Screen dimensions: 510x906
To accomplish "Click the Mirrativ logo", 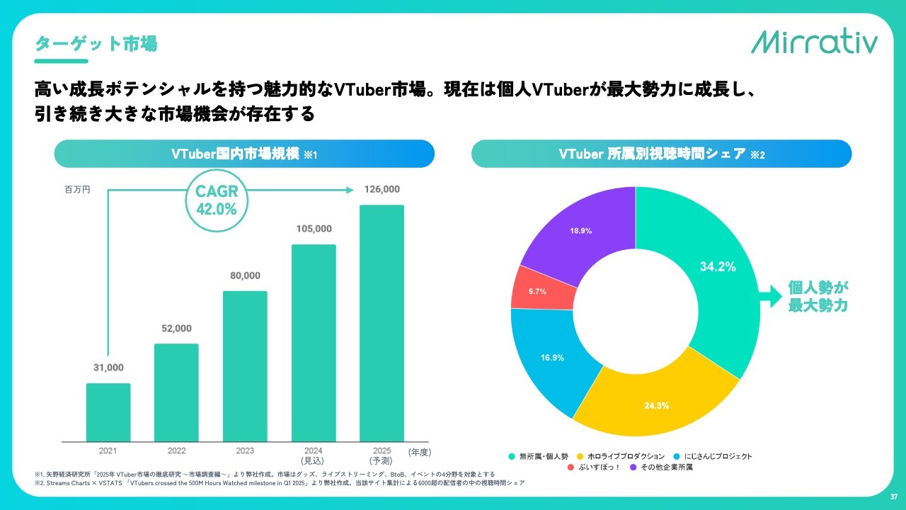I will click(x=814, y=42).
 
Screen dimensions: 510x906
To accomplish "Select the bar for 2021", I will click(x=108, y=412).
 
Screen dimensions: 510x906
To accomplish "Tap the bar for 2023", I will click(x=245, y=366).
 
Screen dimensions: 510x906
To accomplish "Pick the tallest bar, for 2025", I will click(x=382, y=323).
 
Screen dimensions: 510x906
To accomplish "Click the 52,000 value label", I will click(x=177, y=329).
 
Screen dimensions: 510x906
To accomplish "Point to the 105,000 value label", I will click(x=314, y=229).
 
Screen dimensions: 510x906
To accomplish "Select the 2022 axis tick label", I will click(x=177, y=450).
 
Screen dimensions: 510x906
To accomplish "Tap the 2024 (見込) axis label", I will click(x=314, y=455).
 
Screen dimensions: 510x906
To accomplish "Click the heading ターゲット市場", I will click(x=96, y=44).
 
